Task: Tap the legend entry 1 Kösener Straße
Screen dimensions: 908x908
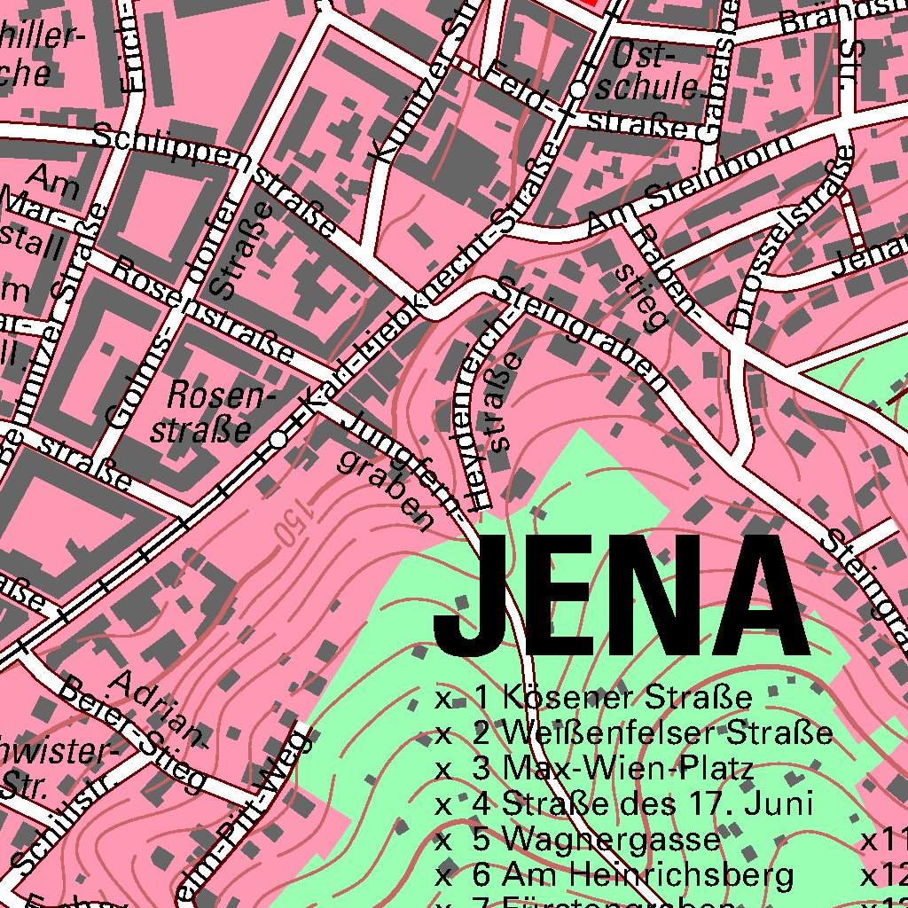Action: click(x=612, y=698)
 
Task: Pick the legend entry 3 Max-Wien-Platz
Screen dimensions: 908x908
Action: click(x=613, y=769)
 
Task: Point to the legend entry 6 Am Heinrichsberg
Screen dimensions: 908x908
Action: click(x=632, y=875)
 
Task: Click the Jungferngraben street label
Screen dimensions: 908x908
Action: click(x=390, y=470)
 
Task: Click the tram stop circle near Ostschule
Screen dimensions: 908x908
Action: click(x=579, y=90)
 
